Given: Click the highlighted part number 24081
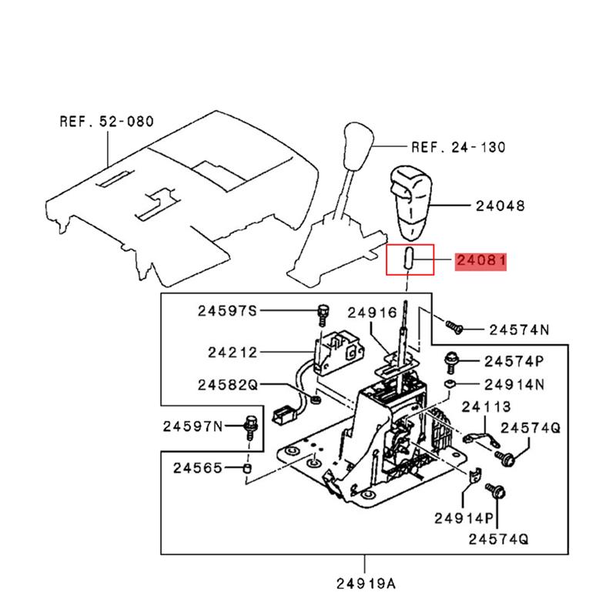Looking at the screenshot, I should (480, 262).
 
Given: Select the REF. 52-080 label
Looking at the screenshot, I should (106, 121).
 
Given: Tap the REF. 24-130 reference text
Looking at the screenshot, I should (458, 146).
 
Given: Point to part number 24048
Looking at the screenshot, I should (500, 206).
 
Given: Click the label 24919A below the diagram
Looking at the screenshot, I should (366, 583).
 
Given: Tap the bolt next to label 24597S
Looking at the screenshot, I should (323, 313).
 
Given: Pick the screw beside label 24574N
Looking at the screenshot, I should (454, 327).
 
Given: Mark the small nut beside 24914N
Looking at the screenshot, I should (450, 383).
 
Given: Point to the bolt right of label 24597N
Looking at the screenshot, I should (250, 425).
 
